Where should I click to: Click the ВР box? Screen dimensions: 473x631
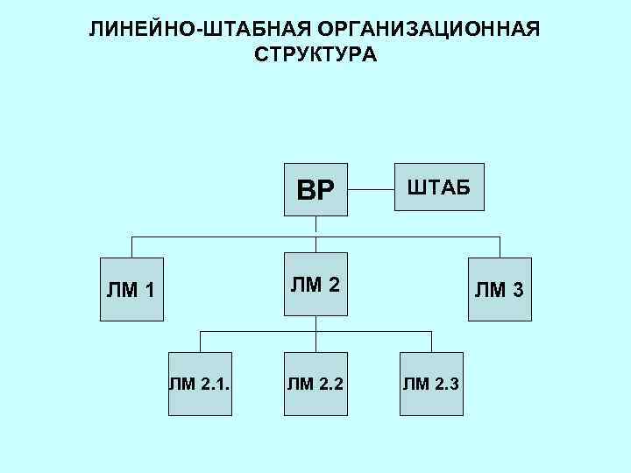coord(315,189)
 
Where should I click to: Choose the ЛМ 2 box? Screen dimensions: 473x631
coord(315,284)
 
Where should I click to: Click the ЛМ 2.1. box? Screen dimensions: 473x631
coord(200,383)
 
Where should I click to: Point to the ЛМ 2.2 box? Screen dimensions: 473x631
coord(315,383)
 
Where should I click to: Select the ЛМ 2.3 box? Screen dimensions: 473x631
coord(431,383)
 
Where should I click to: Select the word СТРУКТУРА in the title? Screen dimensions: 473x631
coord(315,55)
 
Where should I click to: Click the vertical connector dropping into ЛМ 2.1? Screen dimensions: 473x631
coord(200,342)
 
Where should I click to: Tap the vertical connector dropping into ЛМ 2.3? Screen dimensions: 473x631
coord(431,342)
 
